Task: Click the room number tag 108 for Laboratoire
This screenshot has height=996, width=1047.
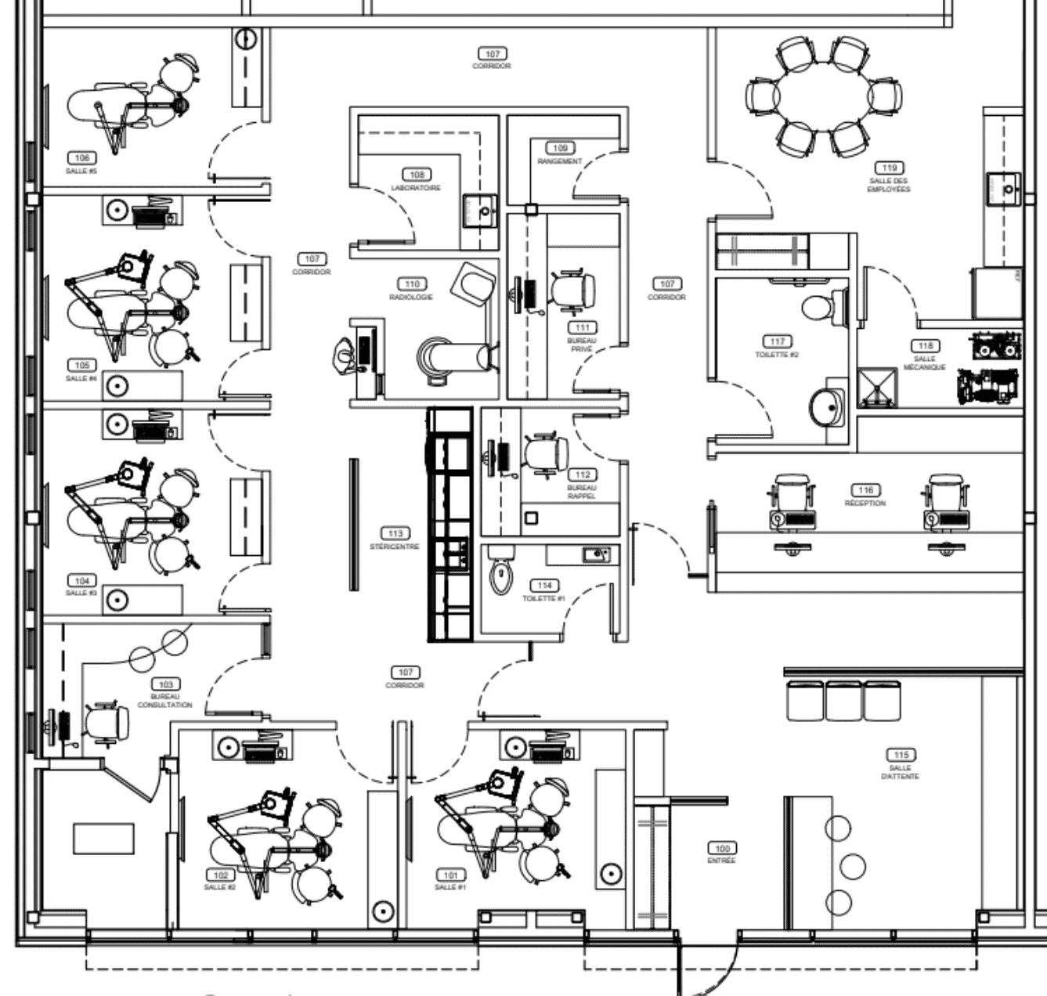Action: click(416, 175)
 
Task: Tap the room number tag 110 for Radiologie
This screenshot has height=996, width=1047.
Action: click(411, 283)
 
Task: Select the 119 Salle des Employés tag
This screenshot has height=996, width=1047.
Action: click(889, 168)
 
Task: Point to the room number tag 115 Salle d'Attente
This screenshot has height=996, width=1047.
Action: click(900, 755)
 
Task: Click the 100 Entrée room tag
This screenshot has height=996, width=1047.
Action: click(721, 848)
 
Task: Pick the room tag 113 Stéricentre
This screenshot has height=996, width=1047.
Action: click(395, 533)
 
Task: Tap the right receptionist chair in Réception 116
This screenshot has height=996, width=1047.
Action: click(947, 494)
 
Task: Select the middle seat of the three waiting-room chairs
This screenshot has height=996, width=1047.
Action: click(843, 700)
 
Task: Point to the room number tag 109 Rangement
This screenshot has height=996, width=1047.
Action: click(559, 148)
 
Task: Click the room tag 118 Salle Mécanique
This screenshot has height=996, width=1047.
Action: click(925, 345)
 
